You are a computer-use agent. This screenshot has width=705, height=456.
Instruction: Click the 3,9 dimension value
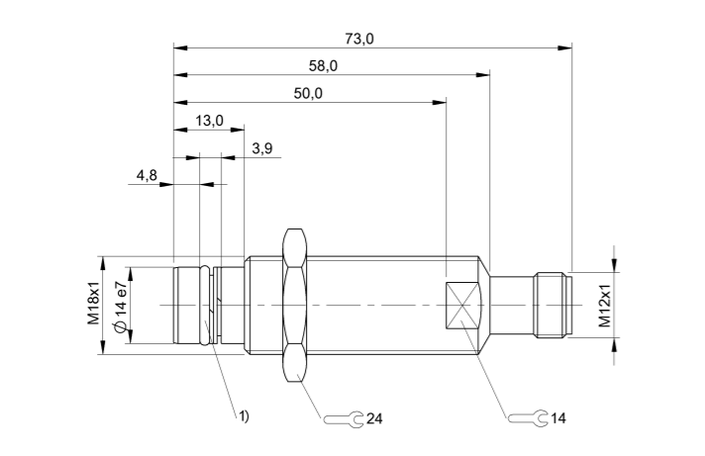(263, 148)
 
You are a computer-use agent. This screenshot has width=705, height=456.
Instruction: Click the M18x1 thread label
(93, 305)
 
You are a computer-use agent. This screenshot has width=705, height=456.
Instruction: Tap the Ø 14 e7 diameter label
(120, 307)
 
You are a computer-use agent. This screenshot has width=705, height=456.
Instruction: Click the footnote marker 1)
(243, 415)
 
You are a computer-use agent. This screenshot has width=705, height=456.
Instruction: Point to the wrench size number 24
(374, 419)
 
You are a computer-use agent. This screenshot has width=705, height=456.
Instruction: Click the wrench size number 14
(558, 419)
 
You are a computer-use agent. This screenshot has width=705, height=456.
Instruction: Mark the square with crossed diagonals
(461, 306)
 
